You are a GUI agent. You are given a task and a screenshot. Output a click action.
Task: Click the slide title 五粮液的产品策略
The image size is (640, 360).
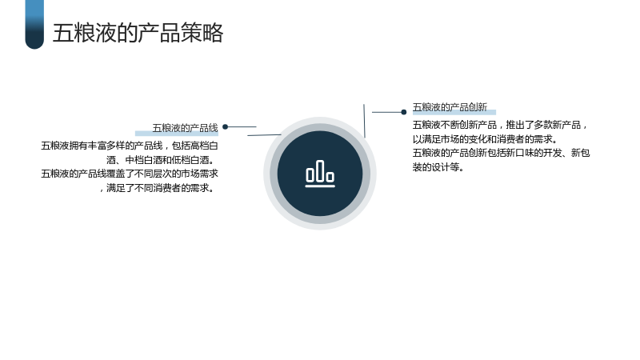138,33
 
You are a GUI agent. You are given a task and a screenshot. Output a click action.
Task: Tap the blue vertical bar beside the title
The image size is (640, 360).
34,25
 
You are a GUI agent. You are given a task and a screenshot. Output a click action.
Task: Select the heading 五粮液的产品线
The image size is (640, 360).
186,128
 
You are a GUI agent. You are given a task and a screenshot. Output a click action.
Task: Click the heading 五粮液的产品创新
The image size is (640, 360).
450,107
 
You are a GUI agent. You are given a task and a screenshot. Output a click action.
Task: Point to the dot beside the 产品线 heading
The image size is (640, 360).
226,127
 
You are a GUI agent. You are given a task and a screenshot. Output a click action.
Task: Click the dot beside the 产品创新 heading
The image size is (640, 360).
404,112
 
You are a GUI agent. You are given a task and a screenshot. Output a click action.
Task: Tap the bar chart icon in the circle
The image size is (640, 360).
320,174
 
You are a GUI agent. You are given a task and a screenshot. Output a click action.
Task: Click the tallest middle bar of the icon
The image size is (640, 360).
320,170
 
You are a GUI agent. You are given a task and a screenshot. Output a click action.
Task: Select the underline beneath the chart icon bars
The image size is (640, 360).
320,186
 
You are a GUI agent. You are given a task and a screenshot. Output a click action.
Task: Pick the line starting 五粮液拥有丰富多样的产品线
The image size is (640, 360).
130,146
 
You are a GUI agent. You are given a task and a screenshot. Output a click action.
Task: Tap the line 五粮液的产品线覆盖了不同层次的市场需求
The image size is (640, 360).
130,174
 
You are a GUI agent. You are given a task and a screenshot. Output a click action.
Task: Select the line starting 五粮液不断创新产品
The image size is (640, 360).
500,125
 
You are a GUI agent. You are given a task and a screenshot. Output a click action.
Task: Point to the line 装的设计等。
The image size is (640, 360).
438,167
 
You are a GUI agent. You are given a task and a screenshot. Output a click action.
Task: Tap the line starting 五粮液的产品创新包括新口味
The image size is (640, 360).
501,153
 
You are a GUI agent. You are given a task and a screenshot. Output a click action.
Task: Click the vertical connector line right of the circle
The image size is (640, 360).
364,121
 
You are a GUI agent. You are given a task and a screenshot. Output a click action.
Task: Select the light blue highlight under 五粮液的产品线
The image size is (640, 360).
177,134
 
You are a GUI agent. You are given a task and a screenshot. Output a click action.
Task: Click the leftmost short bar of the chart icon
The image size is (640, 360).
310,174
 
